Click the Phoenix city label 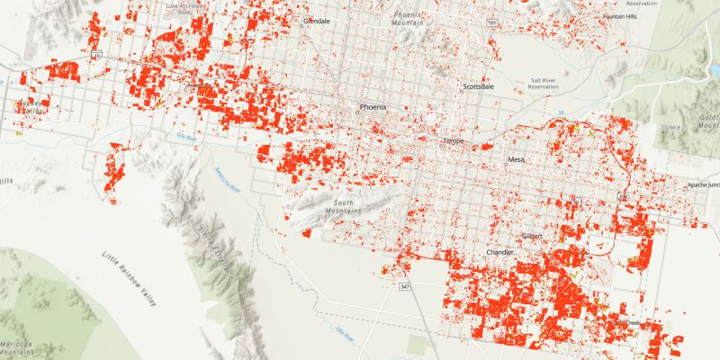pyautogui.click(x=373, y=107)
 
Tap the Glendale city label pyautogui.click(x=317, y=20)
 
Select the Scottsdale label pyautogui.click(x=478, y=87)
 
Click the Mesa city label pyautogui.click(x=516, y=159)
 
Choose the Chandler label pyautogui.click(x=500, y=253)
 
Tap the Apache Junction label pyautogui.click(x=704, y=184)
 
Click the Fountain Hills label pyautogui.click(x=619, y=17)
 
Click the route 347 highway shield pyautogui.click(x=405, y=286)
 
